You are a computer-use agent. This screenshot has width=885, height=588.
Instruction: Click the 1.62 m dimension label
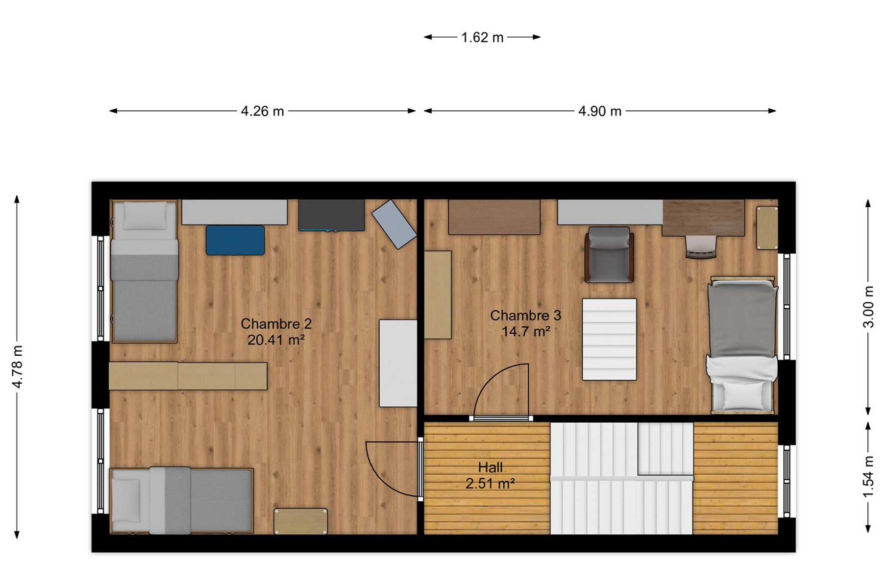pos(482,38)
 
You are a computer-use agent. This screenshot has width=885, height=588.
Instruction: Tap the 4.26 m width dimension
pos(262,111)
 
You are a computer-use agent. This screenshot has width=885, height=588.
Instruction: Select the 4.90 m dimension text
pos(600,111)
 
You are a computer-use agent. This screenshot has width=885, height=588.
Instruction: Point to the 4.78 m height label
pos(17,367)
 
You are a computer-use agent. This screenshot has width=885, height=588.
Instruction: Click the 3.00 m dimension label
pos(868,307)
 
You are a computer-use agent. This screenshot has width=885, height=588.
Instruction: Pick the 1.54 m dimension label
pos(868,477)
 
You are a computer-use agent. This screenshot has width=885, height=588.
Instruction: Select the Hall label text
pos(491,467)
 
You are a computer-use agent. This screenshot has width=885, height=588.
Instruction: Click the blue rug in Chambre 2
pos(235,240)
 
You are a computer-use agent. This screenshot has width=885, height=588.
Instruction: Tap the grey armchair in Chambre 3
pos(609,255)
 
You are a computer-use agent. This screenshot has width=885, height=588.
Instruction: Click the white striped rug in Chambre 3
pos(609,339)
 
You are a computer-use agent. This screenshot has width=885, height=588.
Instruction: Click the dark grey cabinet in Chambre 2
pos(332,215)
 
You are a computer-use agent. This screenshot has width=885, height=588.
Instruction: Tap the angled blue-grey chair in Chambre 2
pos(394,224)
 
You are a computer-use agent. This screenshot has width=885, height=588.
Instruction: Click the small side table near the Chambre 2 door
pos(300,521)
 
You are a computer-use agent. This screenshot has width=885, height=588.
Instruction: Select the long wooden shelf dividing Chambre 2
pos(188,376)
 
